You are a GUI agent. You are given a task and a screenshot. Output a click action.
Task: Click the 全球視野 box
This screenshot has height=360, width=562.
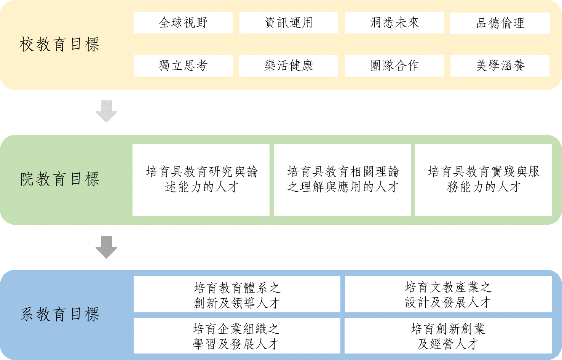pyautogui.click(x=183, y=23)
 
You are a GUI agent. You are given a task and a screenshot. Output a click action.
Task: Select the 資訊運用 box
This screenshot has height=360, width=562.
pyautogui.click(x=289, y=23)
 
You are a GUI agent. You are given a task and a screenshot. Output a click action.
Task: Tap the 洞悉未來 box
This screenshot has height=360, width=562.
pyautogui.click(x=394, y=23)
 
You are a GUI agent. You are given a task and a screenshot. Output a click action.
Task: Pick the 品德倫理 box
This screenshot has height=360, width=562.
pyautogui.click(x=500, y=23)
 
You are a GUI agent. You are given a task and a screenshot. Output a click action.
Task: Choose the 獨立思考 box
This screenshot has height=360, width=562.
pyautogui.click(x=183, y=66)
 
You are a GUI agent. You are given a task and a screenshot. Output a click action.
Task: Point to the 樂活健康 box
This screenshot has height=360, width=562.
pyautogui.click(x=289, y=66)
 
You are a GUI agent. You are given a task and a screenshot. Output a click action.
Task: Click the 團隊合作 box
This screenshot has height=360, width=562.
pyautogui.click(x=394, y=66)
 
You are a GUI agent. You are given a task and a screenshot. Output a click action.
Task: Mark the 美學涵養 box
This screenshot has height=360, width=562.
pyautogui.click(x=500, y=66)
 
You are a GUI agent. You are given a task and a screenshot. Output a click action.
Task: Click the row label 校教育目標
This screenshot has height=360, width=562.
pyautogui.click(x=59, y=45)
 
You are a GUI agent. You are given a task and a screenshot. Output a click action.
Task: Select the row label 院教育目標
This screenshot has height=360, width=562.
pyautogui.click(x=59, y=179)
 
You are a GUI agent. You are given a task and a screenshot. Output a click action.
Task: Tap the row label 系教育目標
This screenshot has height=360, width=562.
pyautogui.click(x=59, y=315)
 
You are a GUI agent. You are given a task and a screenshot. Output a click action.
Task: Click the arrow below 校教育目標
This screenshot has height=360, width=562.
pyautogui.click(x=106, y=111)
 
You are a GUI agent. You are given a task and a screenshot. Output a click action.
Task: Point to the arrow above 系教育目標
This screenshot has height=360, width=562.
pyautogui.click(x=106, y=247)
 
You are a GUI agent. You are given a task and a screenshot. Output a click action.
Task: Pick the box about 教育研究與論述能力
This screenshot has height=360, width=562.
pyautogui.click(x=201, y=180)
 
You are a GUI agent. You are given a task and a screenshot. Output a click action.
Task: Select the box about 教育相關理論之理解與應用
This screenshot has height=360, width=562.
pyautogui.click(x=342, y=180)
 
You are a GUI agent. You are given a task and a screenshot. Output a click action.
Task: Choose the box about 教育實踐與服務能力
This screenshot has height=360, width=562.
pyautogui.click(x=483, y=180)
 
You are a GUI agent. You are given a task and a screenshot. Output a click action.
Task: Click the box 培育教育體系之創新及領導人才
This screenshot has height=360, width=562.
pyautogui.click(x=237, y=294)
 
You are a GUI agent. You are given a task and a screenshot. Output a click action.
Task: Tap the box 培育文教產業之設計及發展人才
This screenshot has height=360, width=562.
pyautogui.click(x=448, y=294)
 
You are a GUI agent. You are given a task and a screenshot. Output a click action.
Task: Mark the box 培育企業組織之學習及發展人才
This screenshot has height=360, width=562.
pyautogui.click(x=237, y=336)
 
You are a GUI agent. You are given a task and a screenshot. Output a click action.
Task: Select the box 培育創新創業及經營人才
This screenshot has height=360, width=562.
pyautogui.click(x=448, y=336)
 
